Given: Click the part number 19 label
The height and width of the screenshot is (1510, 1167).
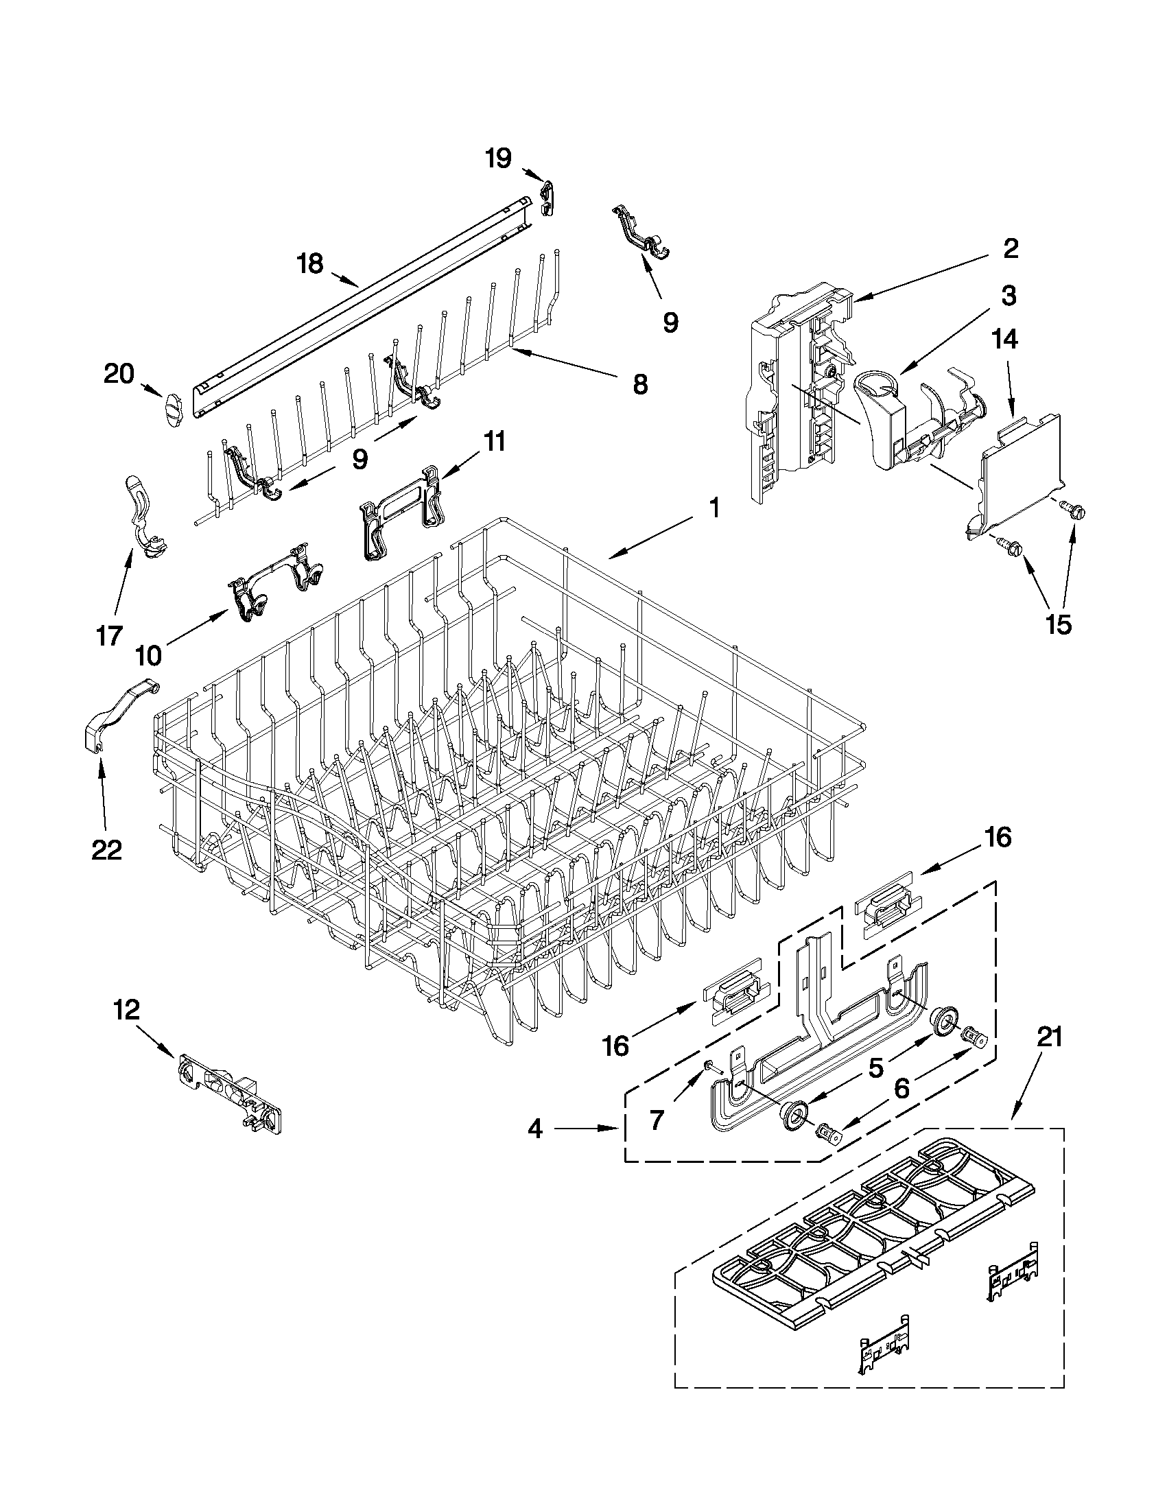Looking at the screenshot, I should [498, 158].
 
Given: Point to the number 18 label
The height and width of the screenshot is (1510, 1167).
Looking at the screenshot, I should [309, 263].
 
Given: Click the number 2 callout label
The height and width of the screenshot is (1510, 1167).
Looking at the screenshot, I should [1011, 248].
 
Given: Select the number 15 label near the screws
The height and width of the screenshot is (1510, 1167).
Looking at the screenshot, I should [1059, 624].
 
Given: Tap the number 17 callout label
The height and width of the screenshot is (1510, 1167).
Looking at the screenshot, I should [109, 635].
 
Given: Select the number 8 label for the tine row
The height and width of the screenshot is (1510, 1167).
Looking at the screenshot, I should [640, 384].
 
